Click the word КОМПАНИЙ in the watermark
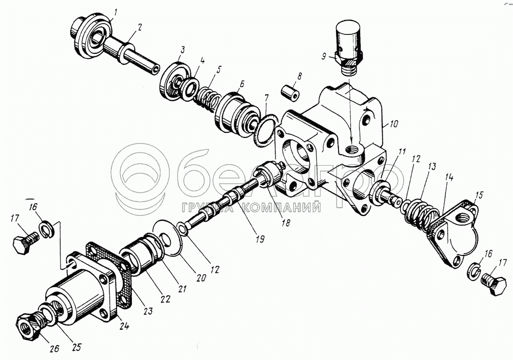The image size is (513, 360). pos(281,208)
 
